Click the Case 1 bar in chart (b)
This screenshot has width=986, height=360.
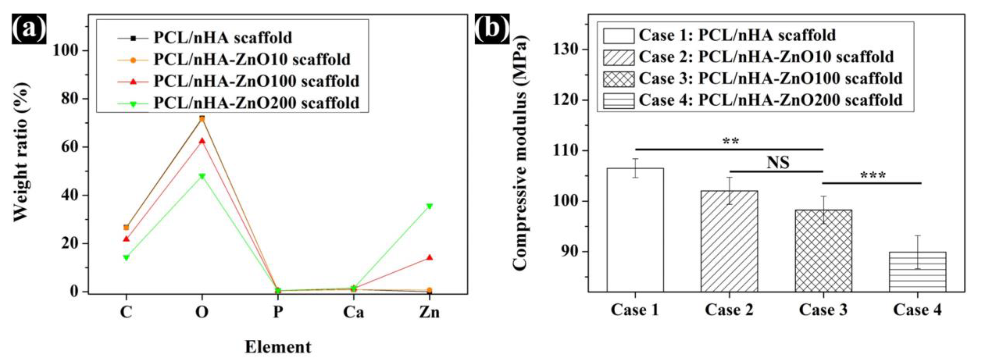click(x=635, y=229)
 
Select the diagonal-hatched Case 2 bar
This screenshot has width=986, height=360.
click(x=729, y=241)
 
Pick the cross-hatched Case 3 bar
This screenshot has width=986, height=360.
click(x=823, y=250)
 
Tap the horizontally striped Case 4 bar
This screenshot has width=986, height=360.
click(x=918, y=272)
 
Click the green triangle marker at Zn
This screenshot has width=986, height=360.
click(x=429, y=206)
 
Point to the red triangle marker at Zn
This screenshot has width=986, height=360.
click(x=429, y=258)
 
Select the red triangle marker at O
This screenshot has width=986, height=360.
click(x=202, y=141)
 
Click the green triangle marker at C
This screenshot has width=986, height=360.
click(x=126, y=258)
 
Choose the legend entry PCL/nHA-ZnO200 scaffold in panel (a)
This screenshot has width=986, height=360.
click(x=256, y=103)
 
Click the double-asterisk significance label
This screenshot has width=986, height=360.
click(x=730, y=142)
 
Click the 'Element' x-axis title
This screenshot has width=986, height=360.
click(x=278, y=347)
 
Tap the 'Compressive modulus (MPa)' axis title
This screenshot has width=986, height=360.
click(x=519, y=153)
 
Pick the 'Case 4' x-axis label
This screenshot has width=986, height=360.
click(x=917, y=310)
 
